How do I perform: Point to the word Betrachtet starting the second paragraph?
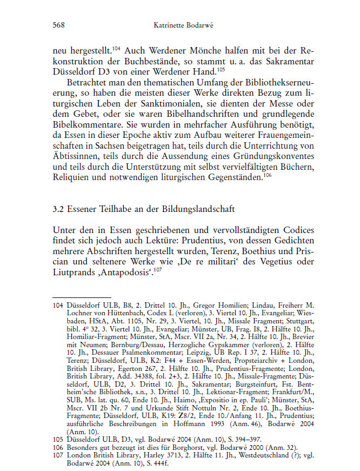click(86, 84)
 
